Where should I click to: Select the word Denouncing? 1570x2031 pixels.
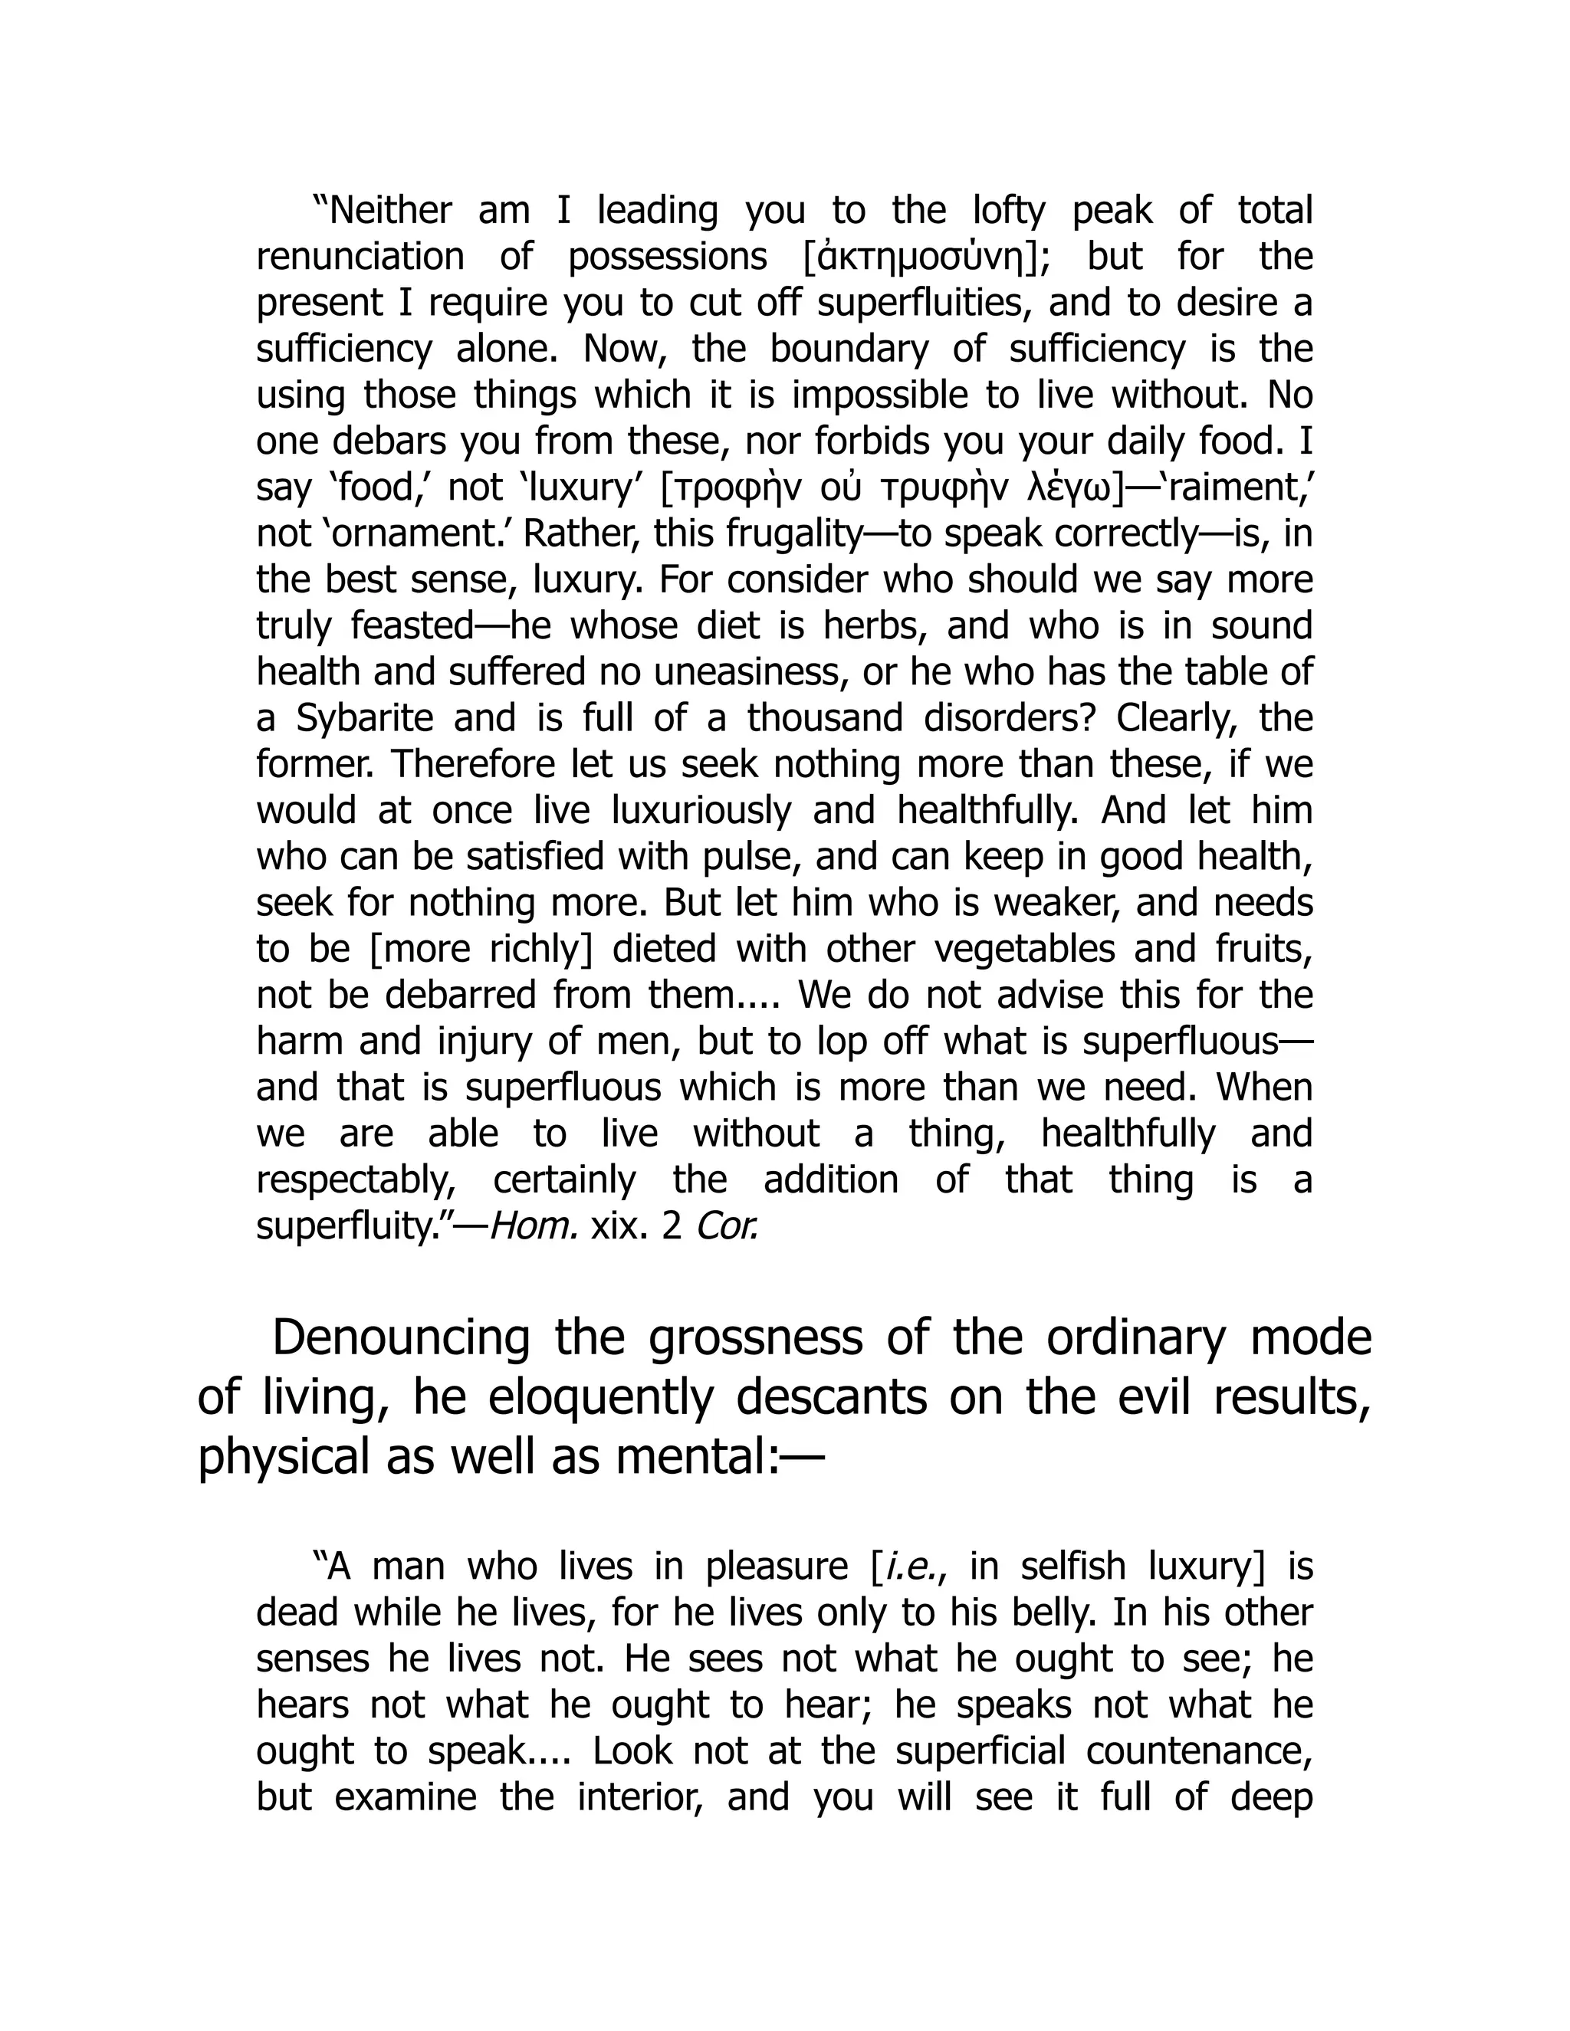tap(400, 1337)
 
